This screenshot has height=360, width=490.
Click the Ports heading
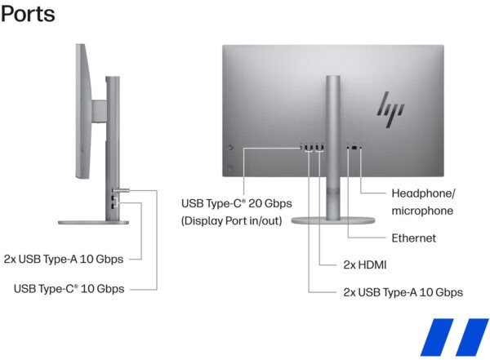[28, 14]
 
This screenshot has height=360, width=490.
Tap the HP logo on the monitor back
[390, 109]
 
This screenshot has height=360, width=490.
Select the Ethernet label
[413, 238]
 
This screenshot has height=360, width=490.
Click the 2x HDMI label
[365, 265]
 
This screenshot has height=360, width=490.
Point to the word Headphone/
[423, 193]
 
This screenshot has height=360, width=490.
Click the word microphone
[422, 211]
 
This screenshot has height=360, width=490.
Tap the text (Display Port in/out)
[232, 221]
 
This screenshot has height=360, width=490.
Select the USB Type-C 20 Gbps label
[237, 203]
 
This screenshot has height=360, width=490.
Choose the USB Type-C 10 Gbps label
[69, 288]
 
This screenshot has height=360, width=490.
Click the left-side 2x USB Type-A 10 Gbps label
[64, 259]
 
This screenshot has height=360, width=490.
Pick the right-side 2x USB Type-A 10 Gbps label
[403, 292]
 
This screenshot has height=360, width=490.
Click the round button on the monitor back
[230, 147]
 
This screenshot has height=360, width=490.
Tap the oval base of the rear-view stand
[333, 220]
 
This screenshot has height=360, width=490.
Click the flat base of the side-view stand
[93, 223]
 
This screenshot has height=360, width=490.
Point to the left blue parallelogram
[437, 337]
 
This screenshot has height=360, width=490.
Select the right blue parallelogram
[472, 337]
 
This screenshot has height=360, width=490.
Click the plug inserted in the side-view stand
[121, 190]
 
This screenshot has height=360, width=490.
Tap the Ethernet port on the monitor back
[354, 147]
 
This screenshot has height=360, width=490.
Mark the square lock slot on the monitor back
[230, 168]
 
